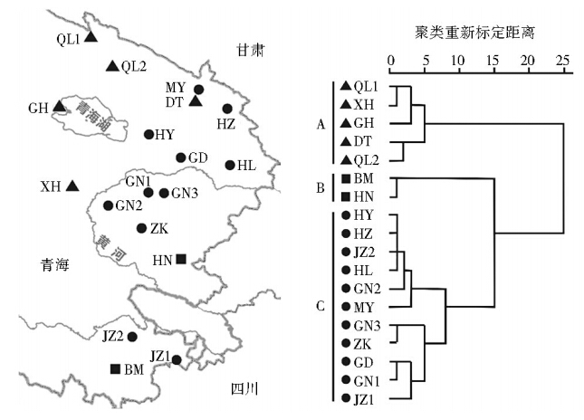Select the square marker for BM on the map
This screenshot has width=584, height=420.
[115, 368]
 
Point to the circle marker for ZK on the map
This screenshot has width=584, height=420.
[141, 228]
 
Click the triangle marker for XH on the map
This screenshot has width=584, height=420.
[72, 186]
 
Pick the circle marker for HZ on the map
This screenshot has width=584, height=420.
[227, 109]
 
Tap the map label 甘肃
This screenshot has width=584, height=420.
[250, 51]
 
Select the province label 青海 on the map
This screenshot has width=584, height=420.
[55, 265]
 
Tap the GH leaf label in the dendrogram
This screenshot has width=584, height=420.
[363, 123]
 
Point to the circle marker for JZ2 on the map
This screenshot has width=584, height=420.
[132, 337]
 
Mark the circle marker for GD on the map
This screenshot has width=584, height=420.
[181, 157]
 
